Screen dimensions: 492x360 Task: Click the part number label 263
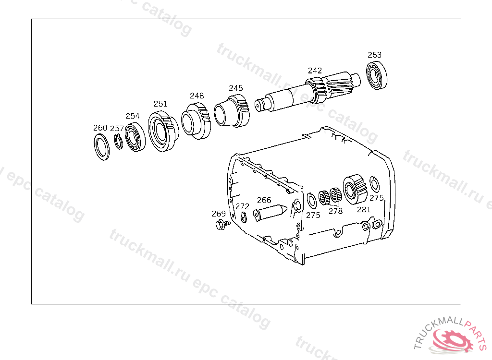[x=374, y=55]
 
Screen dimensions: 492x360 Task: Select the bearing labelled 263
[x=377, y=75]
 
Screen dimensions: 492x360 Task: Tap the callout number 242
[x=315, y=71]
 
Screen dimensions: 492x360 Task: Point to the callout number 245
[x=235, y=88]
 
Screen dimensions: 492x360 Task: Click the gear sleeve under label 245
[x=232, y=111]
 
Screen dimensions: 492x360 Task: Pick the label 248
[x=197, y=96]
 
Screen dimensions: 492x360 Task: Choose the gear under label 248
[x=196, y=121]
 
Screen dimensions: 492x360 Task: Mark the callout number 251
[x=160, y=104]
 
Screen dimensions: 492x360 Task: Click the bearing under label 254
[x=135, y=137]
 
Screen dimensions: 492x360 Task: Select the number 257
[x=117, y=128]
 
